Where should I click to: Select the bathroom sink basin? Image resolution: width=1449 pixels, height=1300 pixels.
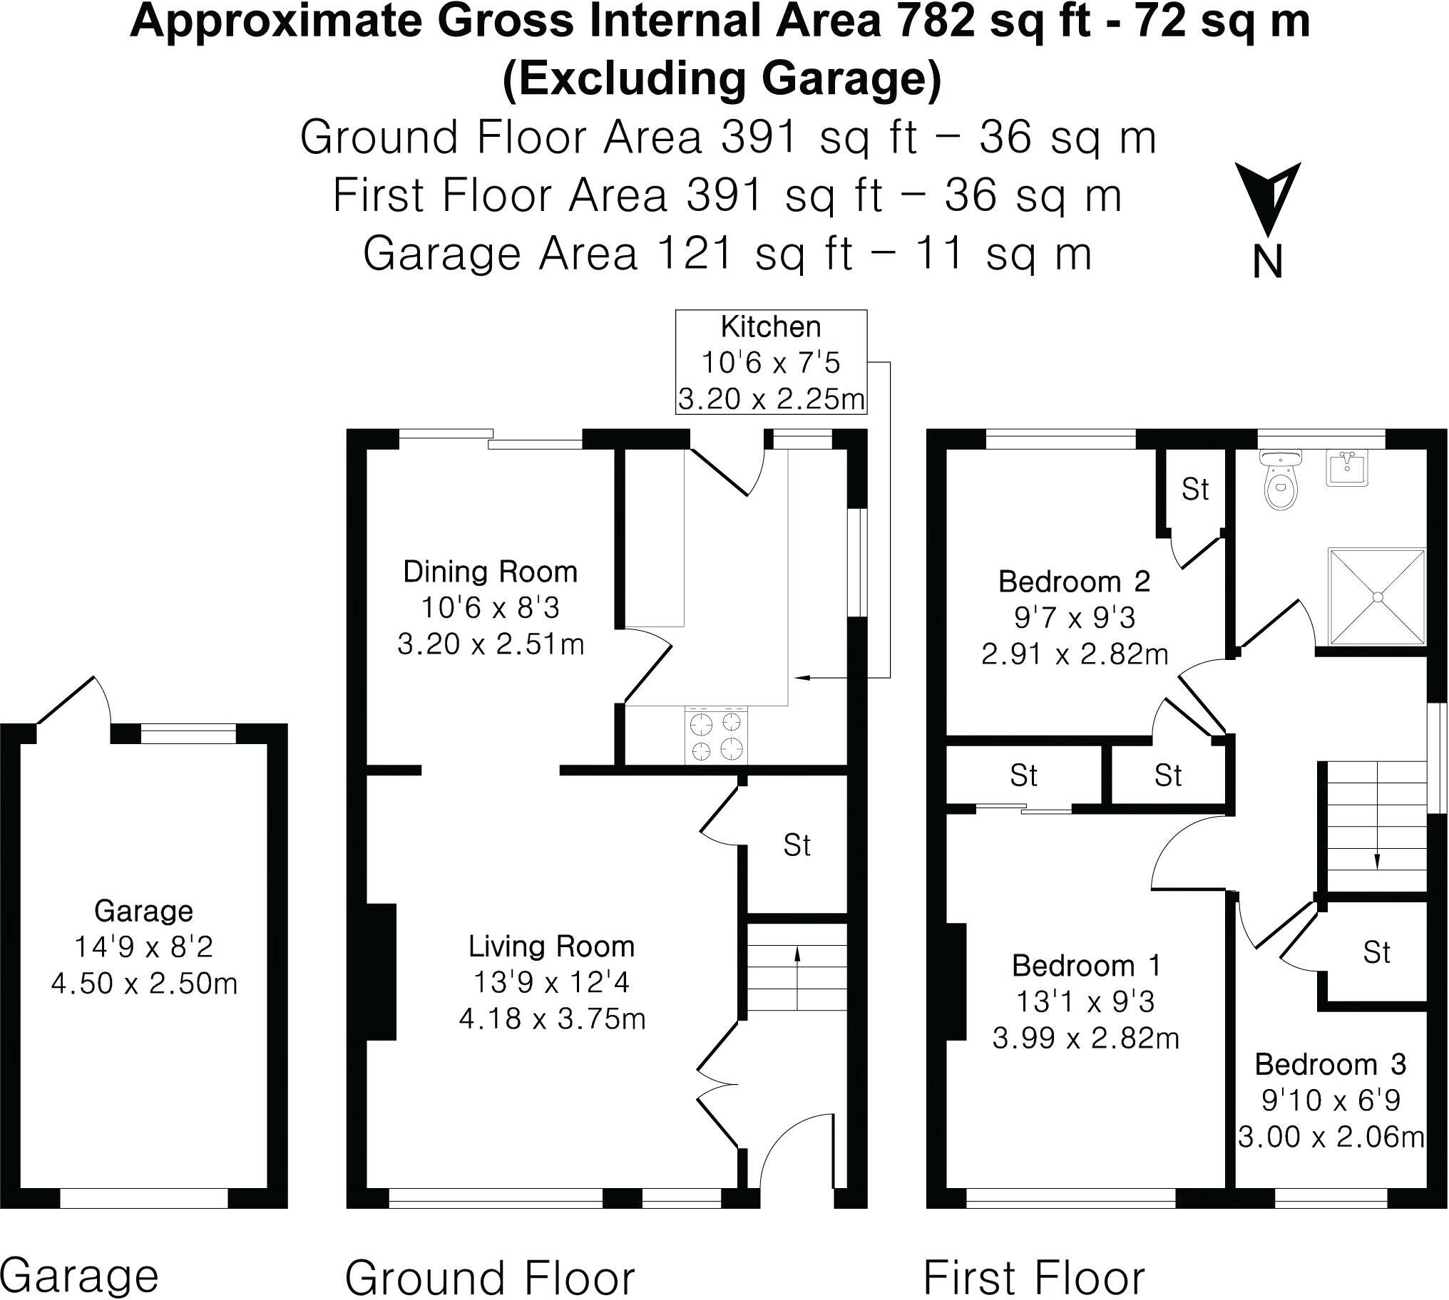pyautogui.click(x=1348, y=467)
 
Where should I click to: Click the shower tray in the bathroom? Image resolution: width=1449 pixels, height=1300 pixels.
pyautogui.click(x=1376, y=597)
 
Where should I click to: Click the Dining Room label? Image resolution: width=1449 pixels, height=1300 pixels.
pyautogui.click(x=490, y=572)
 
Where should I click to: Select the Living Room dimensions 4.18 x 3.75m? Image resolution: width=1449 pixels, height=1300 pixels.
pyautogui.click(x=552, y=1018)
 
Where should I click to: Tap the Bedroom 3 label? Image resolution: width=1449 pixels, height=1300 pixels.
pyautogui.click(x=1331, y=1065)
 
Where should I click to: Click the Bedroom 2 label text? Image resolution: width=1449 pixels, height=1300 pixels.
pyautogui.click(x=1074, y=582)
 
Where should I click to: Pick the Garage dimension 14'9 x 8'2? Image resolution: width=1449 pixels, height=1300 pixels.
pyautogui.click(x=143, y=947)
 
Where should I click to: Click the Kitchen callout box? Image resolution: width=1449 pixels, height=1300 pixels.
pyautogui.click(x=771, y=362)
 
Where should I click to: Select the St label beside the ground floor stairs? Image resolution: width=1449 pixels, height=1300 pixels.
pyautogui.click(x=797, y=846)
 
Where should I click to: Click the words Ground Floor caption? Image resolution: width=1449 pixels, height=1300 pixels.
pyautogui.click(x=490, y=1277)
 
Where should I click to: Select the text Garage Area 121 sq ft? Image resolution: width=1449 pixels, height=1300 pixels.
pyautogui.click(x=608, y=254)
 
